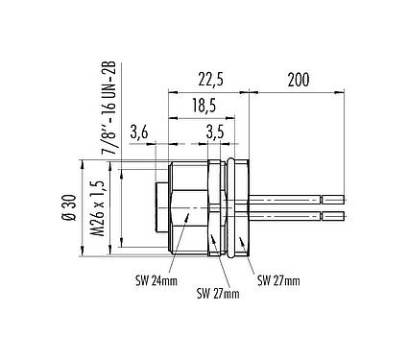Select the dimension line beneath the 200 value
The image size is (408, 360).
point(298,92)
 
